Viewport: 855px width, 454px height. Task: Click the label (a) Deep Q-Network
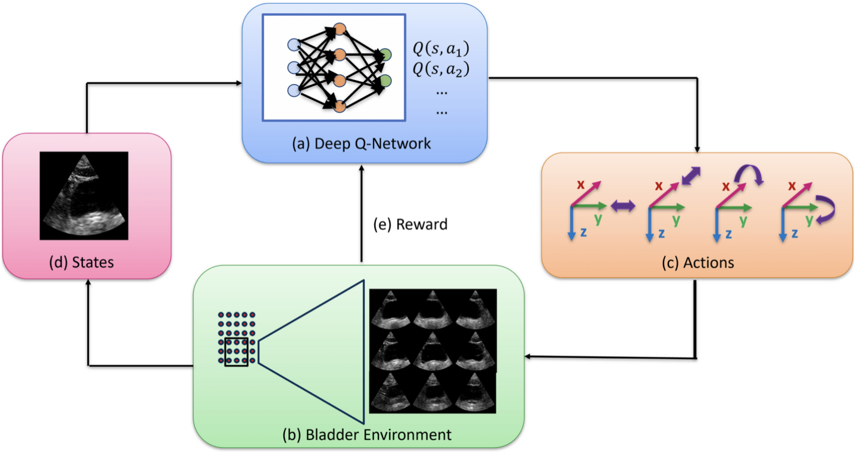(361, 144)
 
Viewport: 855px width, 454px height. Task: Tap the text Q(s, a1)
(441, 49)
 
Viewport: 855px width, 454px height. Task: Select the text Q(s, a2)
(441, 69)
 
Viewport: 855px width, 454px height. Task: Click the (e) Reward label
(410, 224)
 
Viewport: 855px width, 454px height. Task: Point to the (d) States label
(81, 262)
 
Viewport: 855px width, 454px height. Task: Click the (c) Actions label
(697, 263)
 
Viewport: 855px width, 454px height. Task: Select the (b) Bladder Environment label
(367, 435)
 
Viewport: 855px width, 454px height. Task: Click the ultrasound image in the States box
(84, 196)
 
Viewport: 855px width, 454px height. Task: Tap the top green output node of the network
(386, 54)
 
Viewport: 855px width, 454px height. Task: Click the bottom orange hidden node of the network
(340, 106)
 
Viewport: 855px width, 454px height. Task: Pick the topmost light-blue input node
(294, 45)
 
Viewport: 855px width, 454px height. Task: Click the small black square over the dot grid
(236, 352)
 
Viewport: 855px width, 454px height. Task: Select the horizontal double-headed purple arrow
(623, 206)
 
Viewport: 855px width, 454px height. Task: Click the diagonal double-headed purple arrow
(691, 175)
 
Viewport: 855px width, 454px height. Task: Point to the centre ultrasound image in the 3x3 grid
(432, 351)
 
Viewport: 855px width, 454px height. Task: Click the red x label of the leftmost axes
(580, 185)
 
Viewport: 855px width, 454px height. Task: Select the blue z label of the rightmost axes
(794, 233)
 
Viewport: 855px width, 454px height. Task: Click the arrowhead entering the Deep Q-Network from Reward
(362, 168)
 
